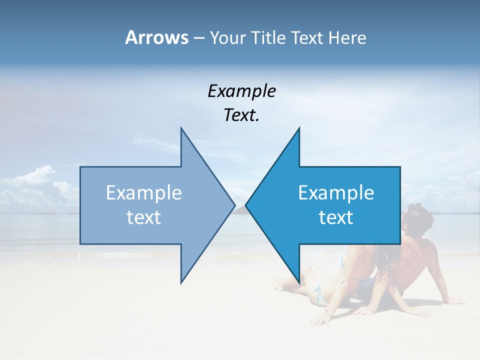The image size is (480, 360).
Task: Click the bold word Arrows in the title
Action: (156, 37)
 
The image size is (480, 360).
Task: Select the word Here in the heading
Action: (347, 38)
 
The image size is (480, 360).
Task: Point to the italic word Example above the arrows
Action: (241, 91)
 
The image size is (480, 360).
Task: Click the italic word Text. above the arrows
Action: (241, 115)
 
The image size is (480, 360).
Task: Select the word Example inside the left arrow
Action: (144, 193)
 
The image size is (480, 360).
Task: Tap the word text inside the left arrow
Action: (144, 217)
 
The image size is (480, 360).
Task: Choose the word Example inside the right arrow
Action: (336, 193)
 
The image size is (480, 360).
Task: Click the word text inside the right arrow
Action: (336, 217)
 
